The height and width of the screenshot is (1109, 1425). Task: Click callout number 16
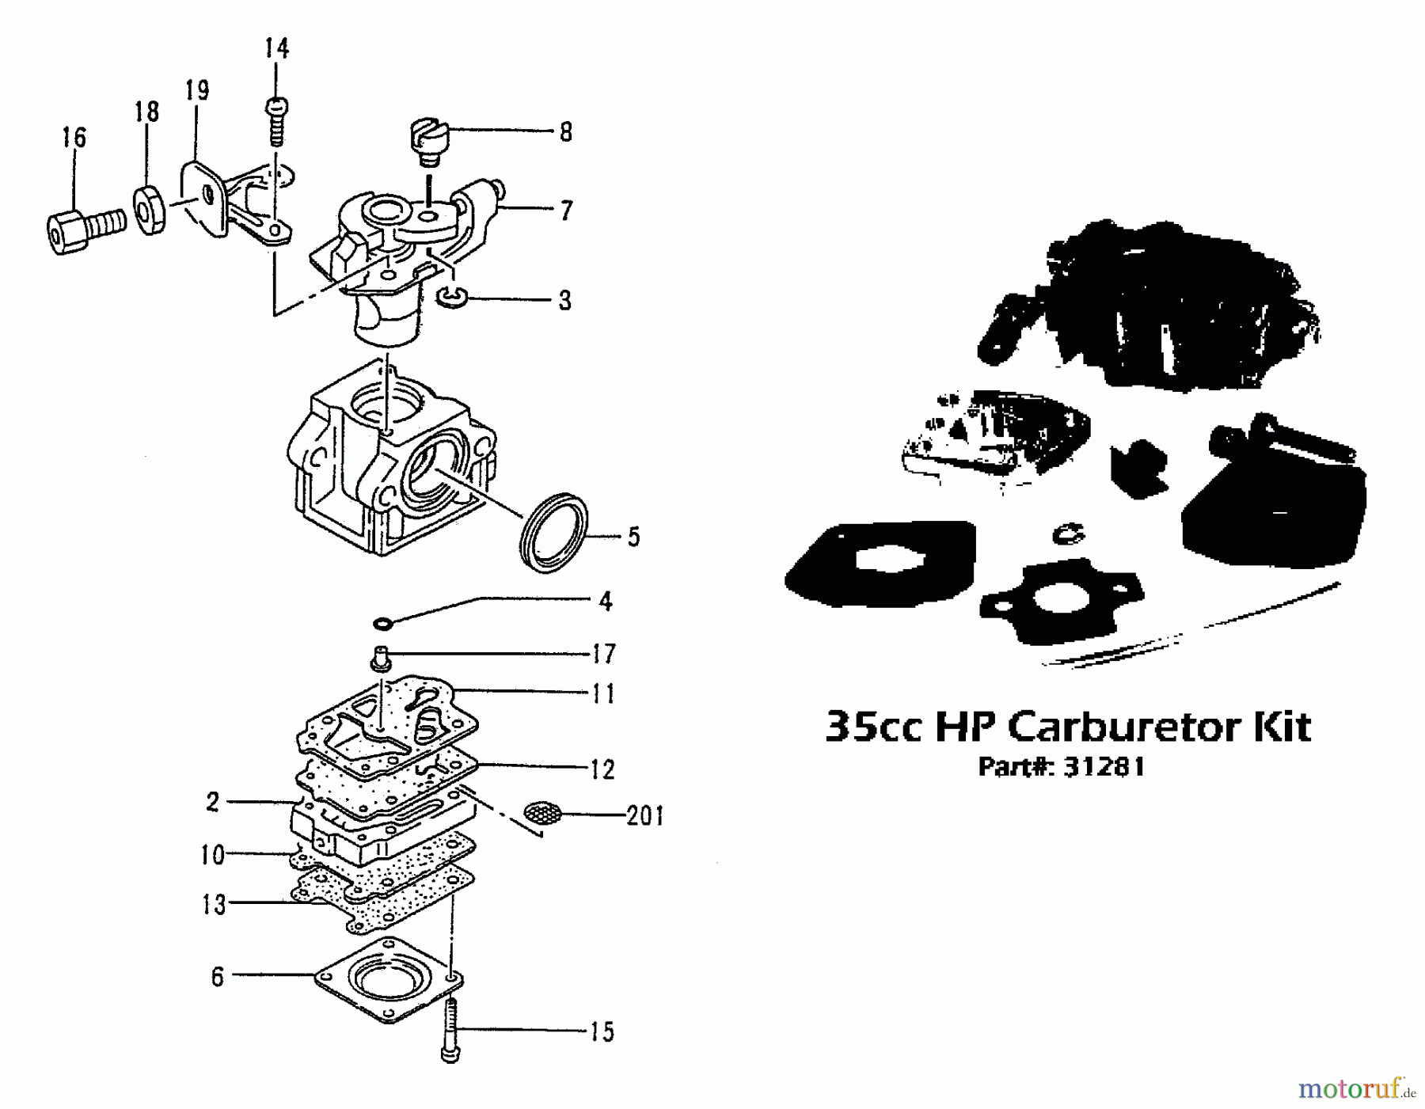coord(74,137)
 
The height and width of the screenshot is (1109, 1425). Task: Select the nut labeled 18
coord(148,210)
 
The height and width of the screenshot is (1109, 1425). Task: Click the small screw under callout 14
coord(276,121)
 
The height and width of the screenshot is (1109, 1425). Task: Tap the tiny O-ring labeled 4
coord(383,624)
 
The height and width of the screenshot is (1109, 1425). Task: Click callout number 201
coord(644,815)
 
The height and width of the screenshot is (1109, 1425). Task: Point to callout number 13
coord(214,904)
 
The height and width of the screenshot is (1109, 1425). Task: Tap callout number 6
coord(218,977)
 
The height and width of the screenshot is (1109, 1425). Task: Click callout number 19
coord(197,90)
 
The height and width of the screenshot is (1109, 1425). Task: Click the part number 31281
coord(1104,767)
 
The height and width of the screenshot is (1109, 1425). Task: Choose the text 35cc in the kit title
coord(873,726)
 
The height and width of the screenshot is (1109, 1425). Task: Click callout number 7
coord(566,211)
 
